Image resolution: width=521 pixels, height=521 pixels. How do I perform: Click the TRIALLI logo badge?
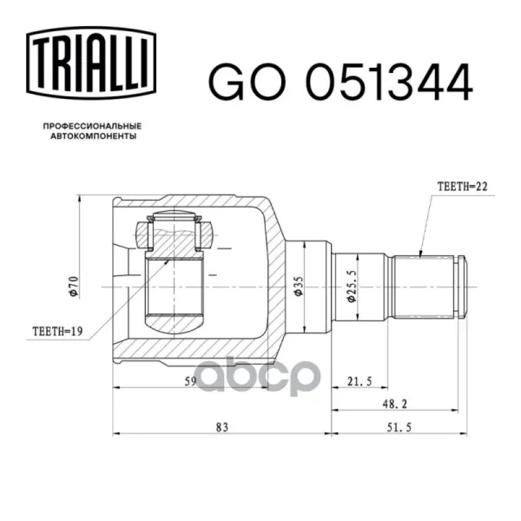tap(91, 63)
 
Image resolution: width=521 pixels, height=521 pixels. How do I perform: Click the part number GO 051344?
tap(340, 82)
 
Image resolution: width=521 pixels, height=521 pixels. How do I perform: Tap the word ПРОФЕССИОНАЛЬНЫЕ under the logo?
tap(92, 126)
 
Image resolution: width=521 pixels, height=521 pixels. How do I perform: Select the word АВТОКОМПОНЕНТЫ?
tap(94, 136)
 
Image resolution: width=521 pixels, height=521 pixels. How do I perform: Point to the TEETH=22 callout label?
tap(462, 187)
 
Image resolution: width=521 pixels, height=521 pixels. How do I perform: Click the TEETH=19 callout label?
tap(57, 332)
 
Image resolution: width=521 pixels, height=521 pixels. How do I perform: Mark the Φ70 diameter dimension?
tap(74, 287)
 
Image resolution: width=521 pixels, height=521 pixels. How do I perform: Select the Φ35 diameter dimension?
tap(298, 286)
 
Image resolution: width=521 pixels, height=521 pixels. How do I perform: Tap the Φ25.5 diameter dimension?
tap(351, 286)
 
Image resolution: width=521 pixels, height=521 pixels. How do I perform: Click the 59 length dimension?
tap(191, 381)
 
